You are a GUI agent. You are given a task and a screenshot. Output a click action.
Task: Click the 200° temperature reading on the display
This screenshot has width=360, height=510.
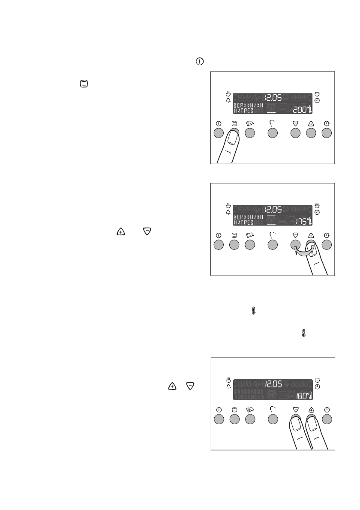click(300, 110)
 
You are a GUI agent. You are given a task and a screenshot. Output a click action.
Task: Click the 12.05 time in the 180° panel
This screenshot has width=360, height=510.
click(273, 383)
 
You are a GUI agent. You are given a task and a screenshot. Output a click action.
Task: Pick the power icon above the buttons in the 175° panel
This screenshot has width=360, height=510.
click(218, 235)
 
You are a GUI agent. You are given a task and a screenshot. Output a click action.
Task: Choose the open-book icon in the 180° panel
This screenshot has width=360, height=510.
click(250, 409)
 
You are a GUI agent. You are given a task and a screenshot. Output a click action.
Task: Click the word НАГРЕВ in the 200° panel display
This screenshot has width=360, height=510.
click(243, 111)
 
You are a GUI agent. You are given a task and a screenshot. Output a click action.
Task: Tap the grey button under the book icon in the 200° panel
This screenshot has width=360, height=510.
click(250, 133)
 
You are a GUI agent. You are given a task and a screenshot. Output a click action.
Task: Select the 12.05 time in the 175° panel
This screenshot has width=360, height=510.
click(273, 209)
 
